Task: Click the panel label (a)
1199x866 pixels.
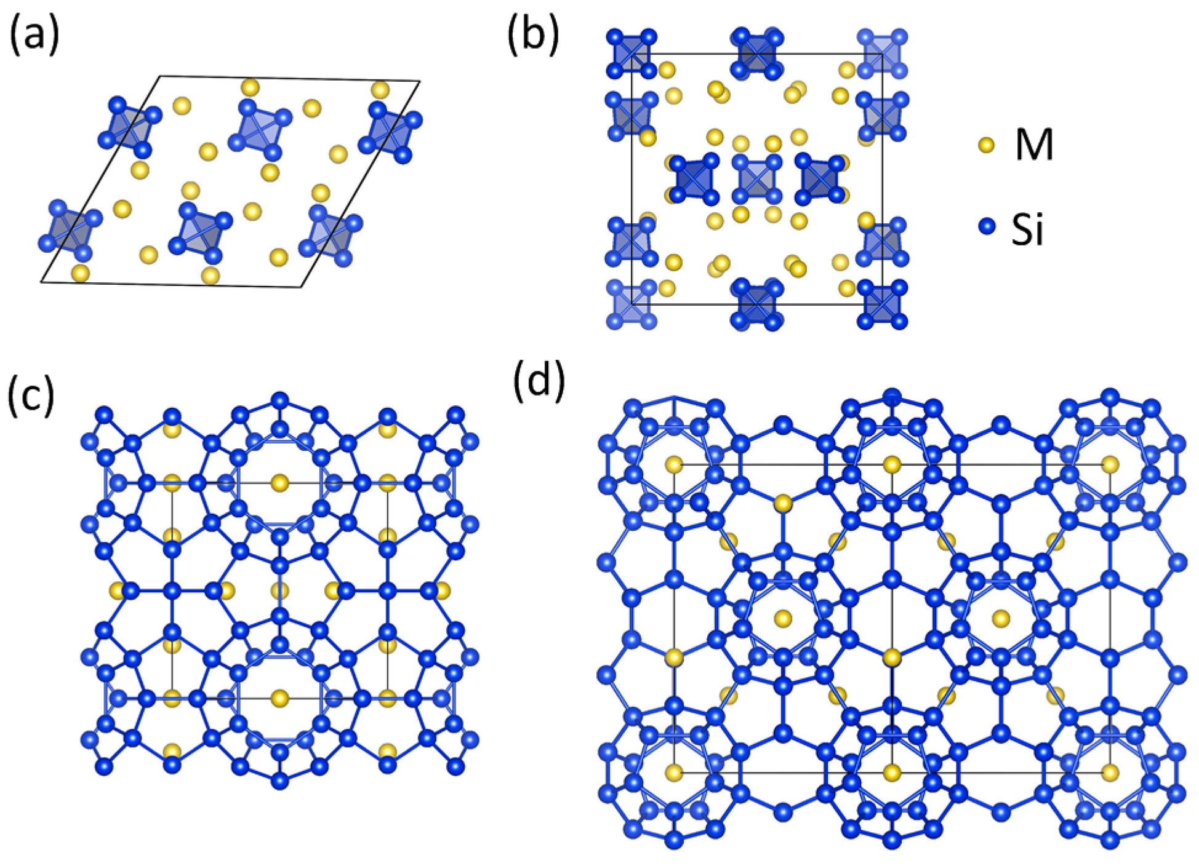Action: click(x=34, y=35)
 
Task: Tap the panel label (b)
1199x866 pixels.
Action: click(x=533, y=35)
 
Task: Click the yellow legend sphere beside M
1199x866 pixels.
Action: click(x=986, y=146)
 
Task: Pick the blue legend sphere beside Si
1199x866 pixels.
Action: click(x=986, y=226)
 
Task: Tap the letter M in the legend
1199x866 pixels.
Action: click(x=1034, y=145)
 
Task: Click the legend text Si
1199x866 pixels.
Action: click(x=1027, y=229)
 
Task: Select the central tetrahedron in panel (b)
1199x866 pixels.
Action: click(x=757, y=180)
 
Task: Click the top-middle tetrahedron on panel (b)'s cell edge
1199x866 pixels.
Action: click(x=757, y=54)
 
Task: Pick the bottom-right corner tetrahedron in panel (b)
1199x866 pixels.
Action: click(x=883, y=304)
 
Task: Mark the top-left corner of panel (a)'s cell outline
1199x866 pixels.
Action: click(x=161, y=77)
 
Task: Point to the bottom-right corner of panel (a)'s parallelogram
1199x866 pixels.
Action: click(x=302, y=287)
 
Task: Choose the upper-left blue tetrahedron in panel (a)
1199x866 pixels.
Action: click(x=130, y=127)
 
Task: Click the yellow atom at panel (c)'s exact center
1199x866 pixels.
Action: click(x=280, y=591)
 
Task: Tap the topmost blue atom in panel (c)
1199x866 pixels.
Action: click(x=280, y=400)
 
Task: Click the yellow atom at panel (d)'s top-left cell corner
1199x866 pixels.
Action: click(x=675, y=464)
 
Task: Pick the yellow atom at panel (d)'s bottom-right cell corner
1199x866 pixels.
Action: click(x=1110, y=773)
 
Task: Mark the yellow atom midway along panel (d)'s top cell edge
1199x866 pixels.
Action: click(x=892, y=464)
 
